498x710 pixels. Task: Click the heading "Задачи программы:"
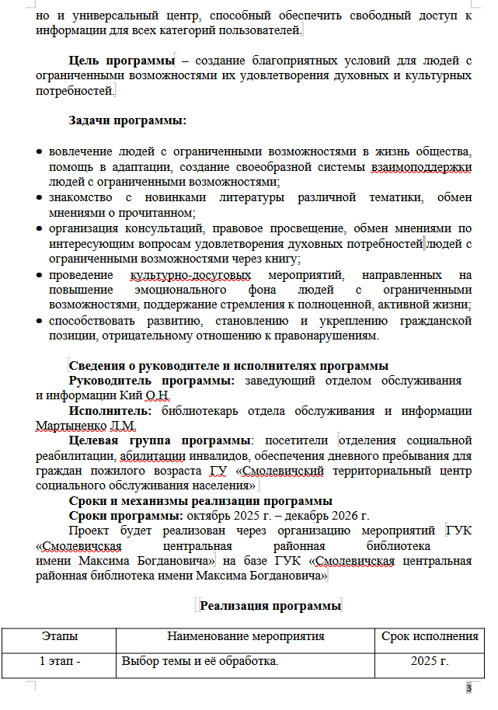[127, 121]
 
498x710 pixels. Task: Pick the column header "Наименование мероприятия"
[246, 637]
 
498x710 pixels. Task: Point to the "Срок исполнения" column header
[430, 637]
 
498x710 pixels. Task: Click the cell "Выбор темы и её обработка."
[200, 662]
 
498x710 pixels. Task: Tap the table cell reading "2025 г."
[430, 662]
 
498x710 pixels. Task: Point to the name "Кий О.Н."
[141, 395]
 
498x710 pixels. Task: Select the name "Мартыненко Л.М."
[85, 425]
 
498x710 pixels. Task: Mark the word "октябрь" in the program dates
[207, 515]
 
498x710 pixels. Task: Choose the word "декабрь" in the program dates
[296, 515]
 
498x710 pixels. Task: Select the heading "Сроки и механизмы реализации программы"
[200, 501]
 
